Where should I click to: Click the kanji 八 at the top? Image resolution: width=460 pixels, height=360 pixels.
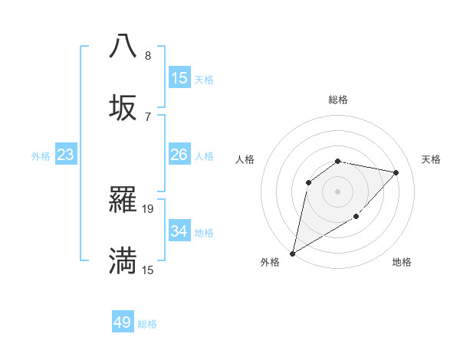[123, 46]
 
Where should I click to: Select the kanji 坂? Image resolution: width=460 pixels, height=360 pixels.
[123, 107]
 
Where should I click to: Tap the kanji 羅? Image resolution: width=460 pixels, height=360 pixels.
[123, 199]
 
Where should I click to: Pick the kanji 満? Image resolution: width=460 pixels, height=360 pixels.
[123, 260]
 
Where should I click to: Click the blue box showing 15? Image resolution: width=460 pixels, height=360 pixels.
[179, 78]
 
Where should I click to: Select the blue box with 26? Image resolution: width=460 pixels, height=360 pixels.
[179, 155]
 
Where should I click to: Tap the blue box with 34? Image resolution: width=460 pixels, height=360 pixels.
[179, 231]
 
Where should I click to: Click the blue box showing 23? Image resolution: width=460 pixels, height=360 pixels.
[66, 155]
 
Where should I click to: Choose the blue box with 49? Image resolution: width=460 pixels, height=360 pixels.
[123, 322]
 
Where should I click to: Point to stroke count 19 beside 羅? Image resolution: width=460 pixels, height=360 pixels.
[148, 208]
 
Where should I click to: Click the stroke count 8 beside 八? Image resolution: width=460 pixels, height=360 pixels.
[148, 55]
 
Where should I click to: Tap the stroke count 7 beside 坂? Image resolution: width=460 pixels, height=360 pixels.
[148, 116]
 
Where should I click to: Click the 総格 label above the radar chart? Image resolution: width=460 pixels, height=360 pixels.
[338, 100]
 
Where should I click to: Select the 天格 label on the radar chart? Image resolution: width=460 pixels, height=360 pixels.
[431, 159]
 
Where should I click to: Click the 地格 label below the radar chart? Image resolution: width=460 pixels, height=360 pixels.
[402, 262]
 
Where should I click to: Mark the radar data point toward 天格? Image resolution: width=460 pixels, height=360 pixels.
[396, 172]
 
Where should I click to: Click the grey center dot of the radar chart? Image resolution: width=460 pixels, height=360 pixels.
[337, 191]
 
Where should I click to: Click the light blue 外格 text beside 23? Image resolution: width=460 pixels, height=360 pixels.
[41, 155]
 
